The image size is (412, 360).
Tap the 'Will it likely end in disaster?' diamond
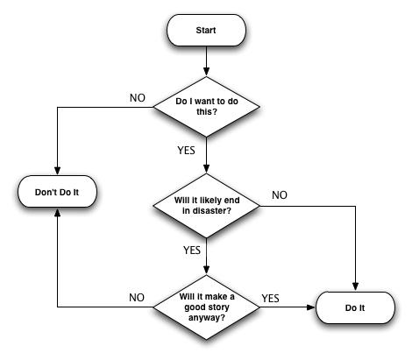point(207,208)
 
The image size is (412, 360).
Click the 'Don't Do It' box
point(57,190)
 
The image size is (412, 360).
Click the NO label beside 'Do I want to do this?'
point(138,97)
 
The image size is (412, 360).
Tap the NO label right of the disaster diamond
point(279,194)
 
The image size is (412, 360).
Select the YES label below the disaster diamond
point(192,250)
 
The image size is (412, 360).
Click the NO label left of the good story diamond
point(137,298)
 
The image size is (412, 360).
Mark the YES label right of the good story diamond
point(271,298)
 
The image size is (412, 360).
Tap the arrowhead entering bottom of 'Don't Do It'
point(57,211)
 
